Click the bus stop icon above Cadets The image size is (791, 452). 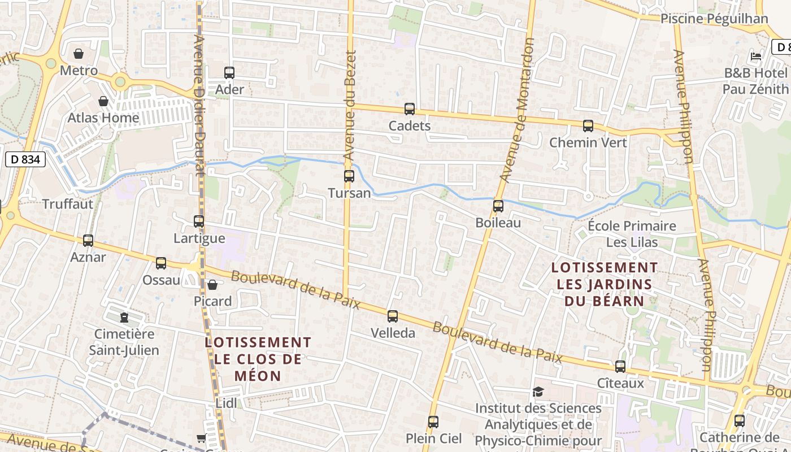410,109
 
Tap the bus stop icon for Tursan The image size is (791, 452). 349,176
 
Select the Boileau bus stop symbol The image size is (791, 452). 498,206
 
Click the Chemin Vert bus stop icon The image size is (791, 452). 588,126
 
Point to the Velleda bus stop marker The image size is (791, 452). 393,316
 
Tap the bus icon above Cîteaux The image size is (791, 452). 620,367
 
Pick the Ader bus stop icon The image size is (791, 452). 229,73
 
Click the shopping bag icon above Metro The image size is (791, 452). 79,54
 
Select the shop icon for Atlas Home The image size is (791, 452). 103,101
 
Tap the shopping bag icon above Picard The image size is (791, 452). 212,285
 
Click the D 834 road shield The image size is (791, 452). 25,160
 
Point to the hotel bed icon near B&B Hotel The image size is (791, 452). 756,56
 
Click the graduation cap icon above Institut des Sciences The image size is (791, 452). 538,392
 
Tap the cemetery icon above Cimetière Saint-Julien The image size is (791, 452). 124,318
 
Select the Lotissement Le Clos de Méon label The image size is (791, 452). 258,359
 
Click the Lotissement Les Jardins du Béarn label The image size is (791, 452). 605,284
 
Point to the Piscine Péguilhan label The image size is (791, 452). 714,19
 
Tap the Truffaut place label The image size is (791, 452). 68,204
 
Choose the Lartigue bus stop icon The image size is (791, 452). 199,221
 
